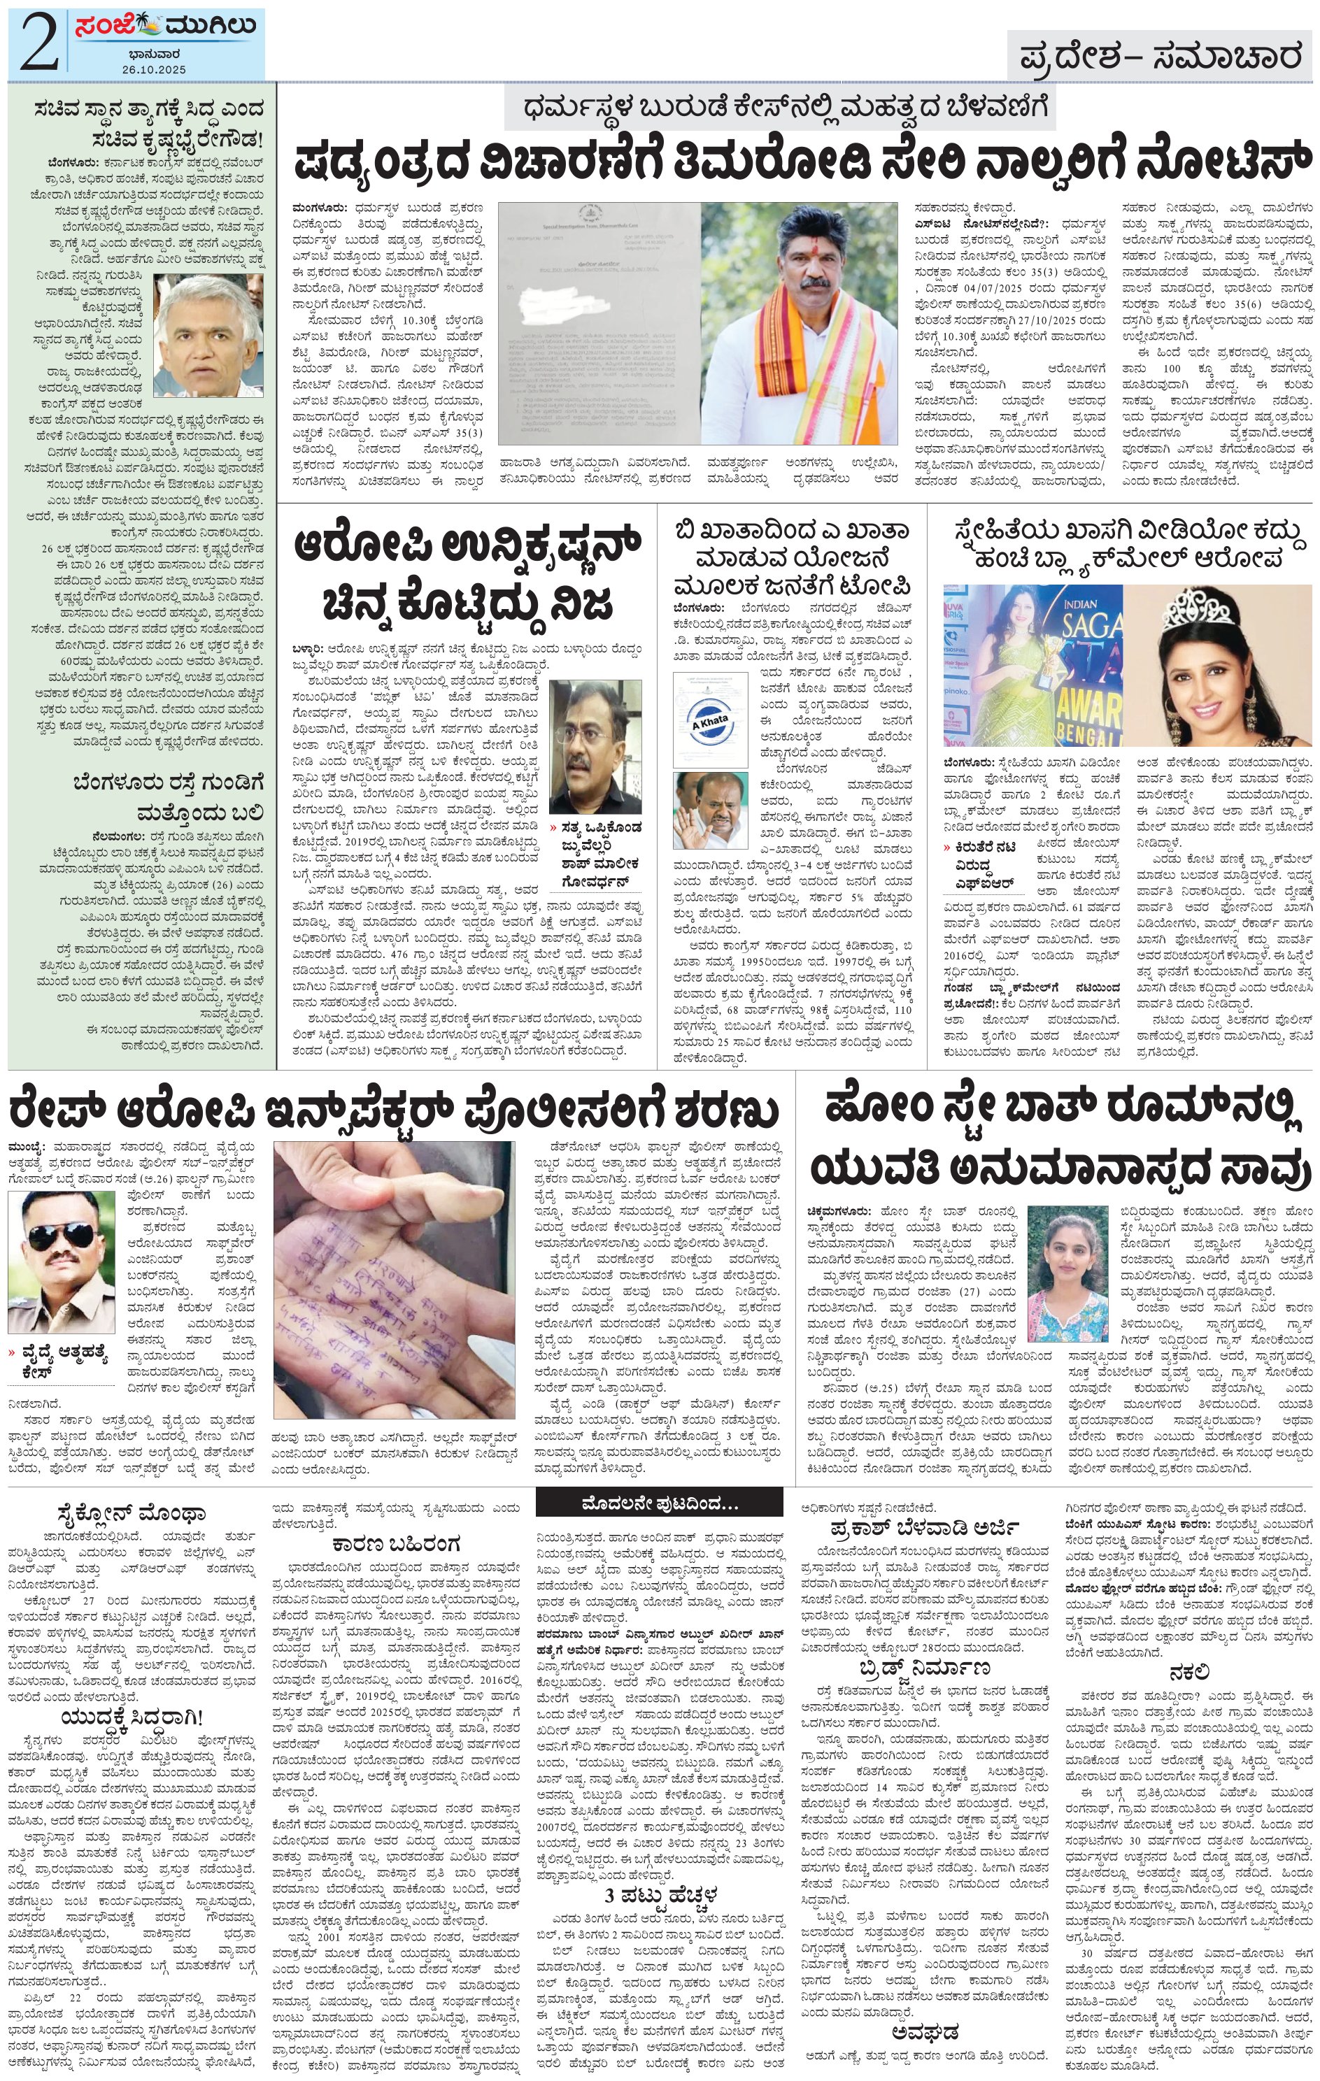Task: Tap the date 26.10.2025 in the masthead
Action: [154, 69]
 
